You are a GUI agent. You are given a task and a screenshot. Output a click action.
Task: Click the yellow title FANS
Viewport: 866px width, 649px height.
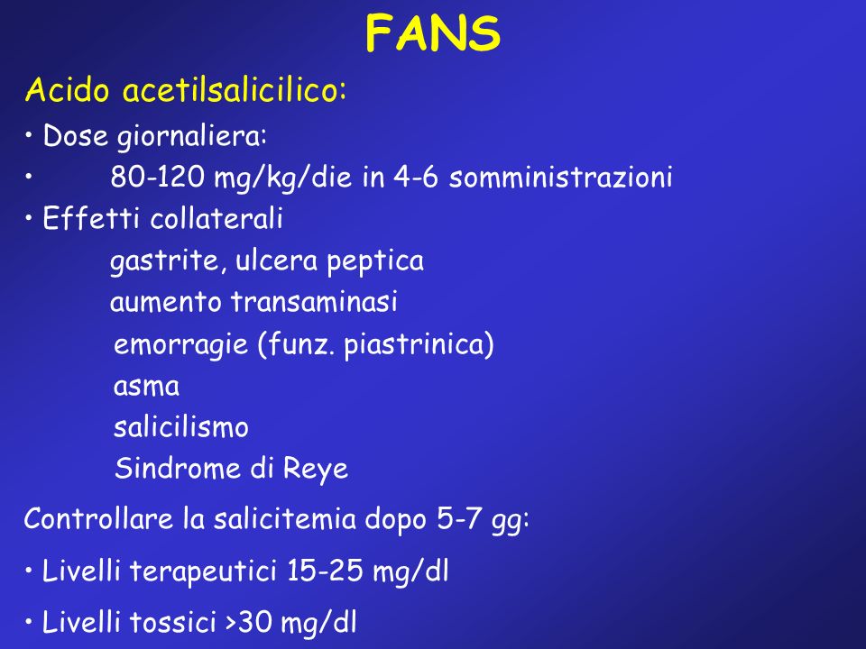tap(433, 34)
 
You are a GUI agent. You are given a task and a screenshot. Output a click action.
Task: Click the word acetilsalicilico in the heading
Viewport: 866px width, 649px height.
tap(235, 89)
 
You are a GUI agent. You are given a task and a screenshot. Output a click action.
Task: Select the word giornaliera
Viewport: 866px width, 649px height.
tap(192, 136)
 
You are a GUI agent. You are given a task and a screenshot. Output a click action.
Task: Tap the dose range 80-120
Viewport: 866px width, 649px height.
tap(157, 178)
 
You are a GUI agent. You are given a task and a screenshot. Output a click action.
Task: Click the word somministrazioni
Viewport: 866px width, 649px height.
tap(560, 178)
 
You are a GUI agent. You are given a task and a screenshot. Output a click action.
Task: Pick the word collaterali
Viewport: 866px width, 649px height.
tap(216, 218)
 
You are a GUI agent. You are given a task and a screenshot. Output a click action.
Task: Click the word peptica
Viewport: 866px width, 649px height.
tap(375, 261)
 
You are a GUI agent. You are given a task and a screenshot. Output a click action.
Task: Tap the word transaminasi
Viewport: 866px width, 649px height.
tap(314, 301)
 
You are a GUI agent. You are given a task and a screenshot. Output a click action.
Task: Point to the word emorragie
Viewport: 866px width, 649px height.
tap(180, 345)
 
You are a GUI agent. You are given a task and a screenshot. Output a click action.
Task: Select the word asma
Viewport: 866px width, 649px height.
tap(146, 387)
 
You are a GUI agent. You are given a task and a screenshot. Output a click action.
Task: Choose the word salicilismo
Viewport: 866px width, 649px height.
tap(181, 426)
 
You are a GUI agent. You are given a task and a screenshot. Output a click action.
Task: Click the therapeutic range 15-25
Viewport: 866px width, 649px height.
tap(326, 570)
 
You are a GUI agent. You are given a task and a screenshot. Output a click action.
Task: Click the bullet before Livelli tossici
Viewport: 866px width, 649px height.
tap(29, 623)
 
